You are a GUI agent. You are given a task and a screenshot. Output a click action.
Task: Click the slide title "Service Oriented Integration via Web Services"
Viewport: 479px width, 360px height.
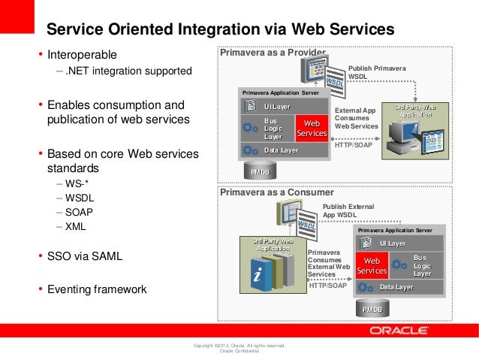(x=220, y=29)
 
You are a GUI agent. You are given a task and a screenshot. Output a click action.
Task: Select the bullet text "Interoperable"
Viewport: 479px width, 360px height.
(x=83, y=55)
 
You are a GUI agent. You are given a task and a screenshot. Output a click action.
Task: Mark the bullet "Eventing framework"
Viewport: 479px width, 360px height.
(x=97, y=289)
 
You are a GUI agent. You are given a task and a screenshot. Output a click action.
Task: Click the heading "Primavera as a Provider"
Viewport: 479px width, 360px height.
(x=272, y=53)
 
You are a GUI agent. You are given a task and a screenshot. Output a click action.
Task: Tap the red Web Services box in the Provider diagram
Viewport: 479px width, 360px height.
(x=312, y=128)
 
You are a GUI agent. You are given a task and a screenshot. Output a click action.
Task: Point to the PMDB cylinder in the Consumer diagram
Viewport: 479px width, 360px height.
(x=372, y=308)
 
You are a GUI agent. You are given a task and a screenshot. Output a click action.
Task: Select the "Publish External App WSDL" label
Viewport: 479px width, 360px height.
(x=348, y=210)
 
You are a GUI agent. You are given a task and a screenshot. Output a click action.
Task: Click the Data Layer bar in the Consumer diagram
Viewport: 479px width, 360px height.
(x=395, y=287)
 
